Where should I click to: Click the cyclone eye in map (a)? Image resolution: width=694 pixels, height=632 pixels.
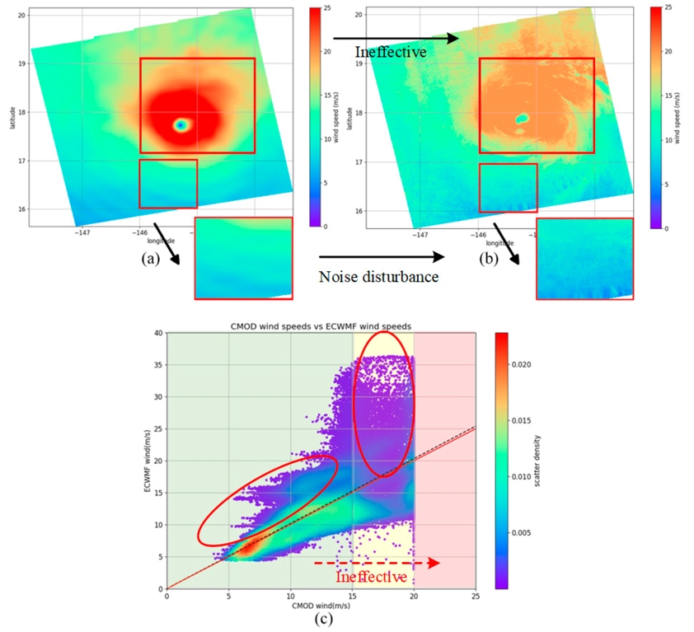click(x=181, y=124)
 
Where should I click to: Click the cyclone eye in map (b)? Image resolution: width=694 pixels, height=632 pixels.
click(x=521, y=119)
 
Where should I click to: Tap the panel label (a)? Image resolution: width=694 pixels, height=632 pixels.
click(x=150, y=258)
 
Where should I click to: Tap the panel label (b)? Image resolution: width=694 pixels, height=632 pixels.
click(x=489, y=258)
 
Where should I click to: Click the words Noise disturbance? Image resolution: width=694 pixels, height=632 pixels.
click(x=378, y=277)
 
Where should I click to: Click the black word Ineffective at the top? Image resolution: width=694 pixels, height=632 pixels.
click(x=391, y=52)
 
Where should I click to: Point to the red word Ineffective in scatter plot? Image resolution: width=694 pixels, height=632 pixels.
click(x=371, y=577)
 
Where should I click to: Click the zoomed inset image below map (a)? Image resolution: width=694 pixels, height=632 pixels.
click(x=243, y=258)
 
